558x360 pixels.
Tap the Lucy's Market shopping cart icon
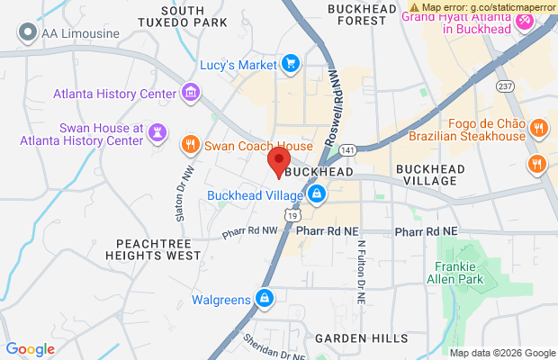click(290, 63)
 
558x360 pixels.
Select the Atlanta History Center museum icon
click(190, 93)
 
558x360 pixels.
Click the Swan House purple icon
click(157, 132)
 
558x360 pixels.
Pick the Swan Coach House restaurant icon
click(190, 145)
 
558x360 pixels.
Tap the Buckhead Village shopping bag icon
click(316, 194)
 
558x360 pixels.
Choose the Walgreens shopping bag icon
click(264, 299)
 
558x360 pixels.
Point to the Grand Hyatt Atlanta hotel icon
click(523, 23)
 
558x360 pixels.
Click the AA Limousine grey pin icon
click(28, 34)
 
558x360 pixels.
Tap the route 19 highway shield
click(291, 216)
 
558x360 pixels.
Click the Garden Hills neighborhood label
click(357, 338)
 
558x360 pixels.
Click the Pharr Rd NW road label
click(251, 234)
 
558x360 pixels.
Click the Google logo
click(31, 349)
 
